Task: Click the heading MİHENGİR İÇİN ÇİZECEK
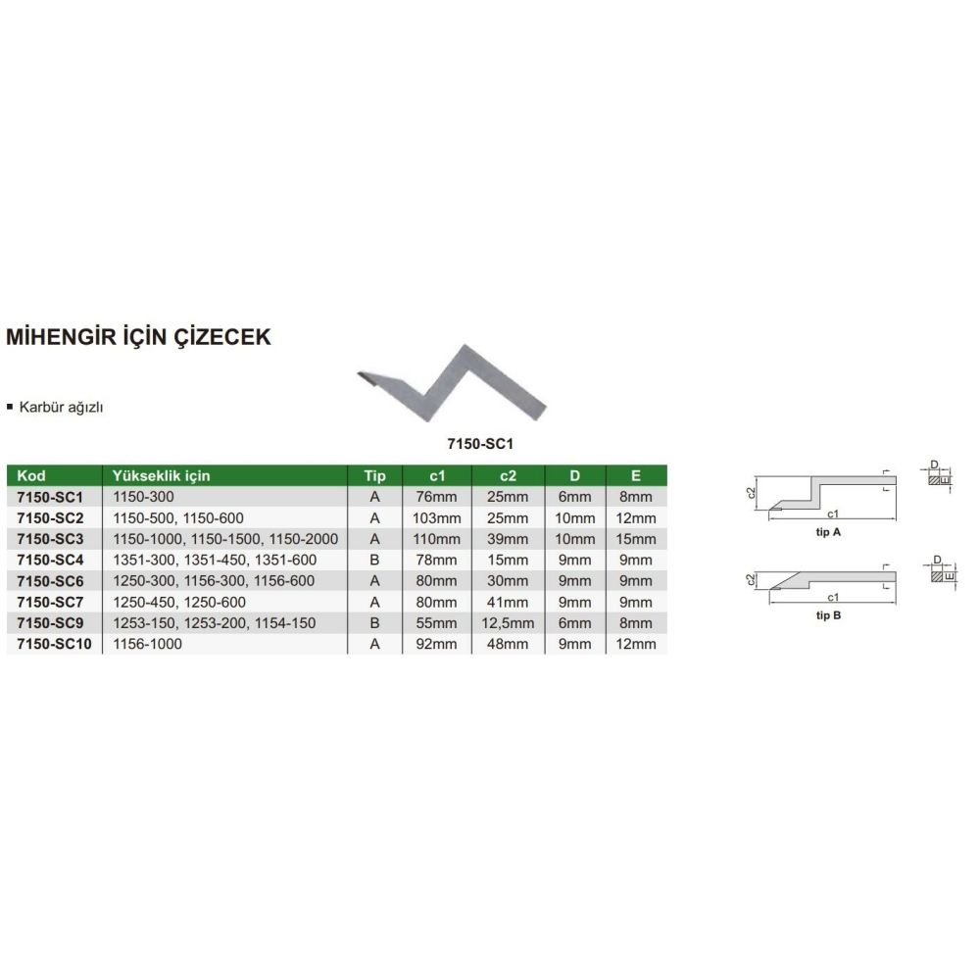click(138, 337)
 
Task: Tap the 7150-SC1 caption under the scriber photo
click(480, 444)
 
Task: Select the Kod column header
click(31, 475)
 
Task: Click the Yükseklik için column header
click(162, 475)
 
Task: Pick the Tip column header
click(374, 475)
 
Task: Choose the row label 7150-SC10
click(54, 644)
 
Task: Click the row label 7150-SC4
click(50, 560)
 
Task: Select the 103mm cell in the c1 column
click(436, 518)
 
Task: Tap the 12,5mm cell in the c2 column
click(508, 623)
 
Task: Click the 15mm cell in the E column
click(636, 539)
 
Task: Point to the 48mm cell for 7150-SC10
click(508, 644)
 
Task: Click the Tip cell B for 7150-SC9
click(374, 623)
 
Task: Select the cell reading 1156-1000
click(148, 644)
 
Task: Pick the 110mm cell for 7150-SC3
click(436, 539)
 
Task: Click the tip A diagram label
click(828, 532)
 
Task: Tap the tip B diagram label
click(828, 615)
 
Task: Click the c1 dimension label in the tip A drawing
click(832, 514)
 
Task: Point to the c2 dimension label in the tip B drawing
click(752, 580)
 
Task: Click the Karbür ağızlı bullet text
click(61, 408)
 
